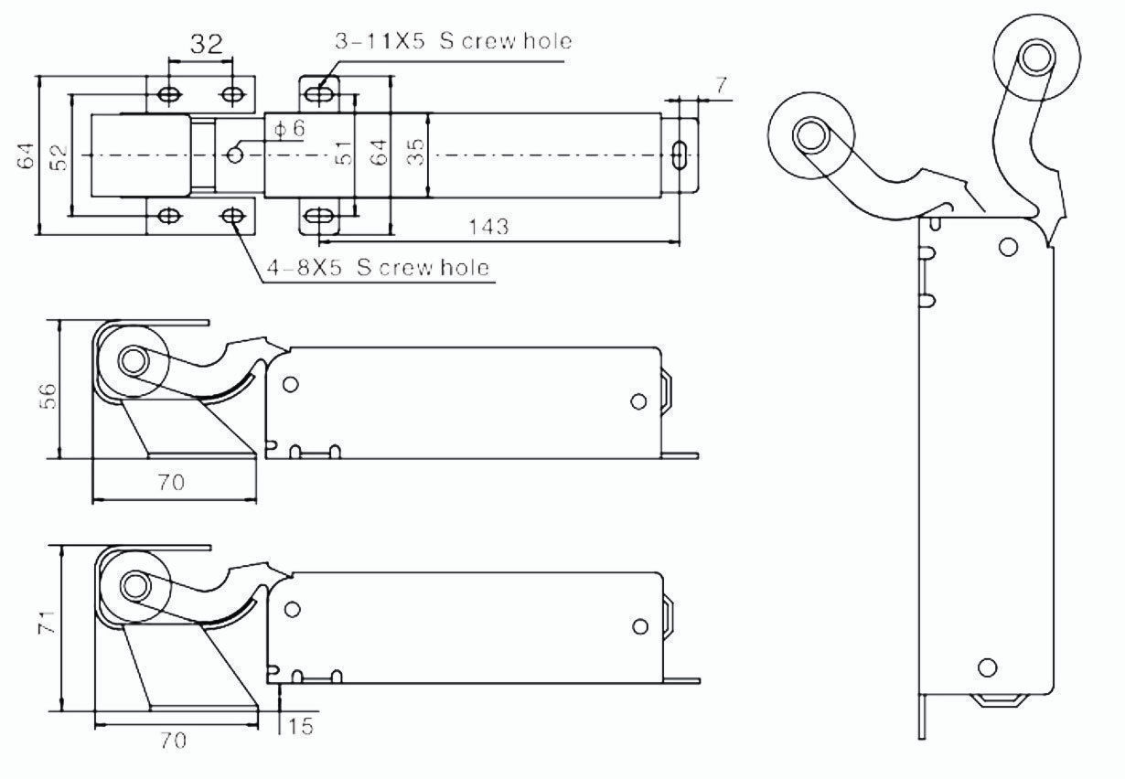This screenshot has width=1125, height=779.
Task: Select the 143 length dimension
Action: [x=493, y=226]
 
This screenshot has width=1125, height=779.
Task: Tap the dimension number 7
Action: [x=721, y=86]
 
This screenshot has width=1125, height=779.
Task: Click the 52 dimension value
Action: [x=59, y=155]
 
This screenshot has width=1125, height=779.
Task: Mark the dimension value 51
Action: [x=343, y=153]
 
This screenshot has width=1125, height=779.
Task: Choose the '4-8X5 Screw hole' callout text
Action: [x=375, y=267]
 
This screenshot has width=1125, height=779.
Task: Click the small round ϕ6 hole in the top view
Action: [x=235, y=155]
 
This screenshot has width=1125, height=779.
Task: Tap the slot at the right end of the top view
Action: [x=679, y=155]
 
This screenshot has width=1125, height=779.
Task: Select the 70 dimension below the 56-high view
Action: [x=171, y=482]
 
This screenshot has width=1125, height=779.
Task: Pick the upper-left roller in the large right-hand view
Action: [x=810, y=136]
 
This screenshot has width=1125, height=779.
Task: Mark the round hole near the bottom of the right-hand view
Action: [x=987, y=667]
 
